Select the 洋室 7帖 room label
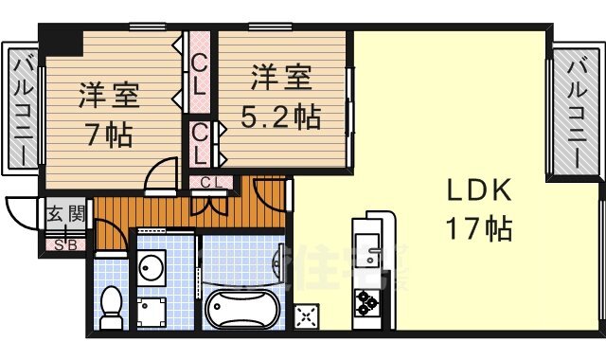pos(109,96)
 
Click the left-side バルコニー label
pos(24,110)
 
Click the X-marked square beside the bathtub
pos(307,316)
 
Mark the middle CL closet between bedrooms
pos(200,141)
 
